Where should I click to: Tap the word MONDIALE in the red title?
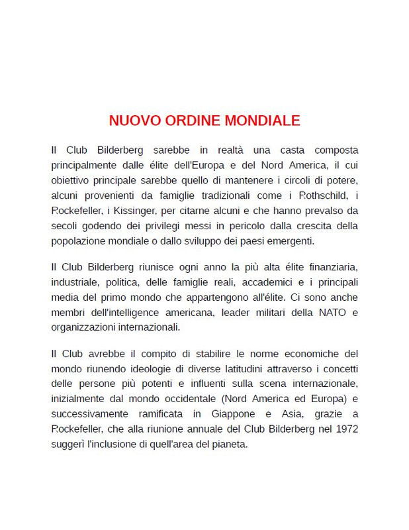263,121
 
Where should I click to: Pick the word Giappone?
227,413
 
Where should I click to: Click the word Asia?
285,413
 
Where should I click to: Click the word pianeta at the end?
230,444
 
